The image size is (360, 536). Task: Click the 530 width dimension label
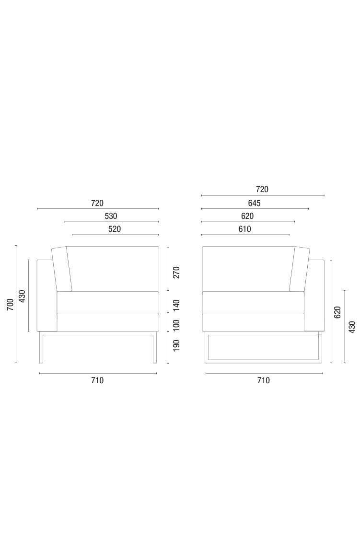111,216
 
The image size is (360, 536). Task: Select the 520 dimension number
115,229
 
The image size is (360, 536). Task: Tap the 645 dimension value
254,204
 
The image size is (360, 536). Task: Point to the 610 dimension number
244,229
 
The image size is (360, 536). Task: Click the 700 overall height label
10,304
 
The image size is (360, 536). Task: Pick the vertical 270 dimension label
176,273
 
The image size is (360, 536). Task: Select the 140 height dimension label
176,305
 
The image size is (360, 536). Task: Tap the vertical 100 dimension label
176,326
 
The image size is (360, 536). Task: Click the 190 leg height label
176,345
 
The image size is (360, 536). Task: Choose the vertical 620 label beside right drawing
338,312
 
